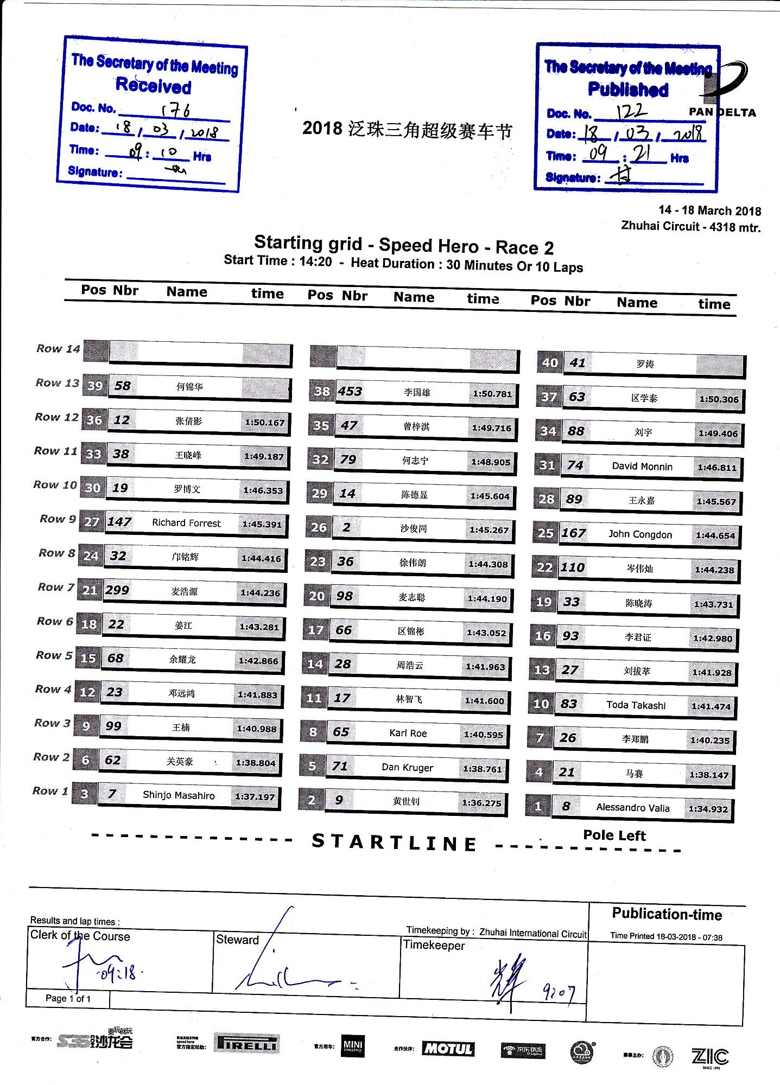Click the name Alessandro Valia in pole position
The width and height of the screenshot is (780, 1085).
pyautogui.click(x=632, y=808)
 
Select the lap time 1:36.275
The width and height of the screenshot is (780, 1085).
pyautogui.click(x=481, y=802)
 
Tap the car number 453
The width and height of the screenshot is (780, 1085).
pyautogui.click(x=350, y=391)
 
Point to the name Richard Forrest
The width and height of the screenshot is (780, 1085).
pyautogui.click(x=186, y=523)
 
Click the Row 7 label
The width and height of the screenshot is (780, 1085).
pyautogui.click(x=56, y=587)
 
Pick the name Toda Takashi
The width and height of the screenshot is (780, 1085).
pyautogui.click(x=636, y=705)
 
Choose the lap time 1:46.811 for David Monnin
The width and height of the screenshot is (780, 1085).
pyautogui.click(x=717, y=467)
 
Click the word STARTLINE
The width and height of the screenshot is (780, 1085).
pyautogui.click(x=395, y=843)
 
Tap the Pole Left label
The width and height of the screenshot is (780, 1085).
pyautogui.click(x=614, y=835)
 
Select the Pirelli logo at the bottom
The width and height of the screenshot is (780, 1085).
pyautogui.click(x=247, y=1043)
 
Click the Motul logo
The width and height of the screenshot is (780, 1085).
pyautogui.click(x=448, y=1049)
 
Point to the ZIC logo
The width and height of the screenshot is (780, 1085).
pyautogui.click(x=710, y=1057)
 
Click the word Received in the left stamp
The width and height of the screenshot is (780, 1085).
pyautogui.click(x=154, y=86)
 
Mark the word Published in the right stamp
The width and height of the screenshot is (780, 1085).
pyautogui.click(x=628, y=90)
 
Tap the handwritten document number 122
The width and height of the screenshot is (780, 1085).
pyautogui.click(x=632, y=112)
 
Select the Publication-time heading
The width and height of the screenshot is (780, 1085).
pyautogui.click(x=667, y=914)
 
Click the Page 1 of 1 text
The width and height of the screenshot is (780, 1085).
pyautogui.click(x=68, y=998)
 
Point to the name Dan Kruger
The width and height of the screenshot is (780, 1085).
pyautogui.click(x=407, y=767)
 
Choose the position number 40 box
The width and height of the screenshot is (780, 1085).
pyautogui.click(x=549, y=362)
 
